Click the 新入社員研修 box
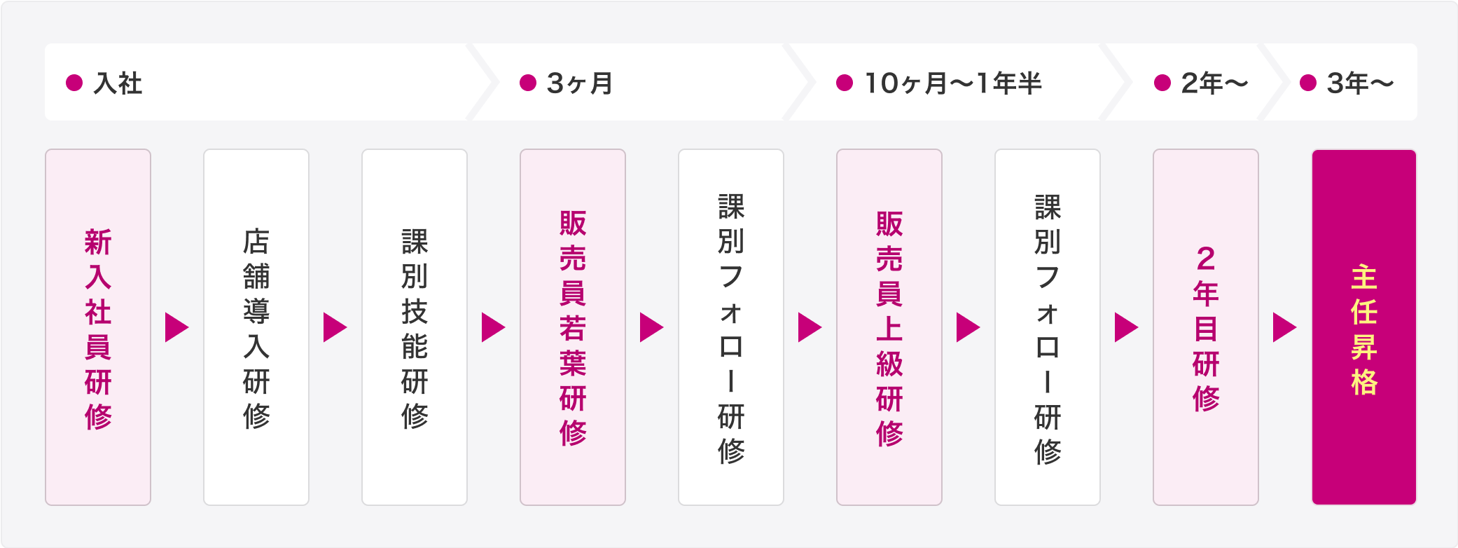click(98, 327)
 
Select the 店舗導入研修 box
click(256, 327)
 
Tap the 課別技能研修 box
click(415, 327)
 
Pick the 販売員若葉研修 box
click(573, 327)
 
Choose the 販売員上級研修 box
click(889, 327)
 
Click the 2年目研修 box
click(1206, 327)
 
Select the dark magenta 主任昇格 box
click(1364, 327)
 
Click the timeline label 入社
click(118, 83)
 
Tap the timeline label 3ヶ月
click(580, 83)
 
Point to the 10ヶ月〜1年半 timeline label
click(953, 83)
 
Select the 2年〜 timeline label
click(1215, 83)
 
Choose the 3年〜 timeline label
click(1361, 83)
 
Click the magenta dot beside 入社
click(74, 83)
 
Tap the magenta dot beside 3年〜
click(1308, 83)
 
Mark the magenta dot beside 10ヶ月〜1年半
click(845, 83)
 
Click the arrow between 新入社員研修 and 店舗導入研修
click(176, 327)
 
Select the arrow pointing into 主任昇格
click(1284, 327)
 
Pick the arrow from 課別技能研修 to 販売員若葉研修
click(493, 327)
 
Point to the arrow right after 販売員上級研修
click(968, 327)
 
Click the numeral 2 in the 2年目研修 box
click(1206, 259)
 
